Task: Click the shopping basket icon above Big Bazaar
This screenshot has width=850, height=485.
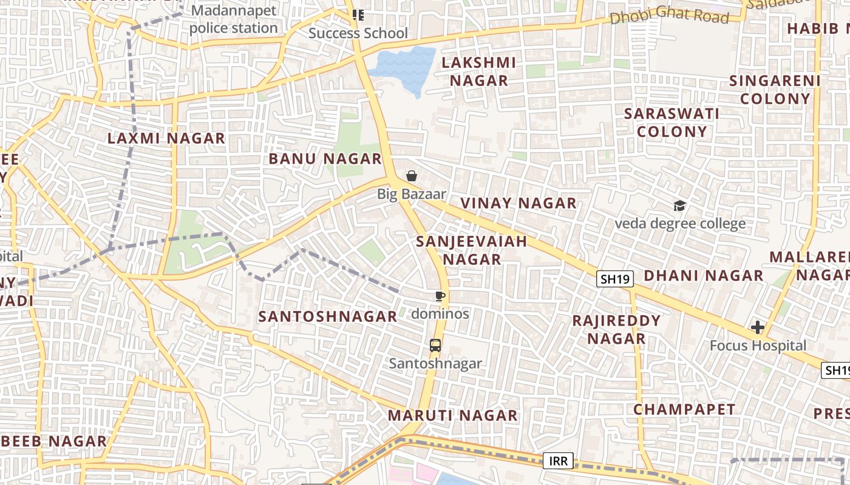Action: click(x=412, y=176)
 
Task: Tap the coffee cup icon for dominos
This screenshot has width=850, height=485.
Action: click(x=440, y=296)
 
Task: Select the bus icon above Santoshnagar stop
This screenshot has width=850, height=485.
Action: click(x=435, y=346)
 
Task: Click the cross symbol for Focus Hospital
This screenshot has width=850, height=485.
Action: click(x=758, y=328)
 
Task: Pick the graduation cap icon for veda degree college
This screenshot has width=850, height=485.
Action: click(x=679, y=206)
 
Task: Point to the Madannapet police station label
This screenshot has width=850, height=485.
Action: click(x=234, y=19)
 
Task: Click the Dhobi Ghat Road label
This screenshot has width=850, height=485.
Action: click(x=669, y=16)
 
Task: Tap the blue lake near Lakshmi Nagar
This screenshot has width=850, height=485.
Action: click(x=404, y=67)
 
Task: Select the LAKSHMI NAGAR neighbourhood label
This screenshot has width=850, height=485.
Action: click(x=478, y=72)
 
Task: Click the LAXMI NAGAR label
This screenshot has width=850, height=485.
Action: click(x=166, y=138)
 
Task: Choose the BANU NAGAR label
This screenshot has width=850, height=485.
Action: click(x=325, y=159)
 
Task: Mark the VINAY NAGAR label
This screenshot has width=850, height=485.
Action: click(x=518, y=203)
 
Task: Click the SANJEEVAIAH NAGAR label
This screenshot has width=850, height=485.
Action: click(x=472, y=250)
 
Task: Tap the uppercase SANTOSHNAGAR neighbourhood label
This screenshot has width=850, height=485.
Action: click(x=328, y=316)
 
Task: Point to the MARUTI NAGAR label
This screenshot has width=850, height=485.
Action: click(x=453, y=415)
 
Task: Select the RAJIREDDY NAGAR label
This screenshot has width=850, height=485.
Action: click(x=616, y=329)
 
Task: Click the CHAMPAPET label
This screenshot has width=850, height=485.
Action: click(x=684, y=409)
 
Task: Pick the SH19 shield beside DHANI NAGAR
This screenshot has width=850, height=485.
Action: click(x=615, y=279)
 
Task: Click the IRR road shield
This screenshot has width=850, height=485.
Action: click(x=558, y=461)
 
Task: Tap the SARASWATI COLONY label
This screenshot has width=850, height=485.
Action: click(x=672, y=122)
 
